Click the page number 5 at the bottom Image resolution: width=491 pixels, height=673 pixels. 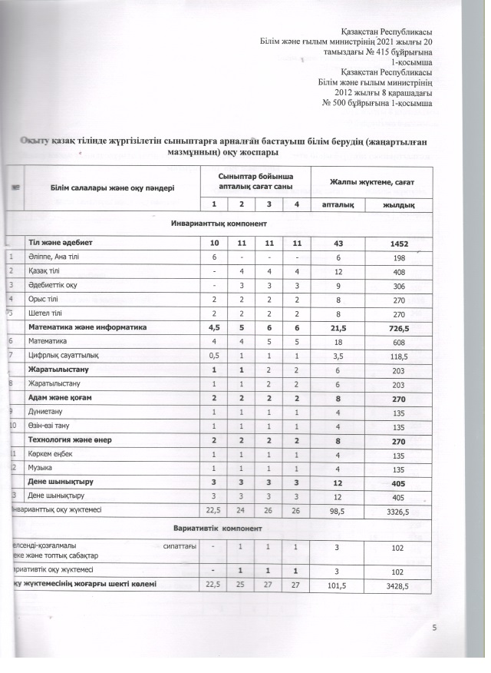(434, 629)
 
